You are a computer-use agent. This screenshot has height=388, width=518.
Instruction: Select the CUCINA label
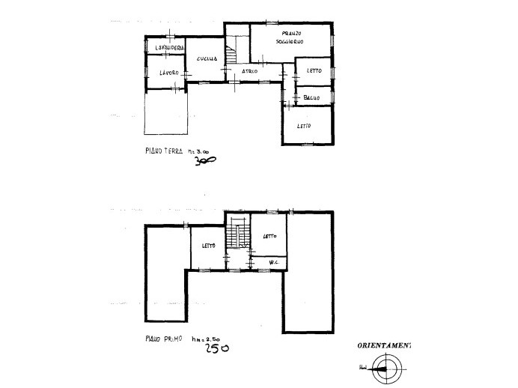coord(207,59)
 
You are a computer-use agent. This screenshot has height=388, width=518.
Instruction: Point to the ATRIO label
coord(249,71)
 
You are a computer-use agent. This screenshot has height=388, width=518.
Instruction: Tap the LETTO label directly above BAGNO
coord(314,71)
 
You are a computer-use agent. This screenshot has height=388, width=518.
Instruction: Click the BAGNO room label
coord(312,97)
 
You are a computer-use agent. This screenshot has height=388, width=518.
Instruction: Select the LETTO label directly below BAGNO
coord(303,125)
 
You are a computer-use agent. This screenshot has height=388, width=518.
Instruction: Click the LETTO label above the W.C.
coord(269,236)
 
